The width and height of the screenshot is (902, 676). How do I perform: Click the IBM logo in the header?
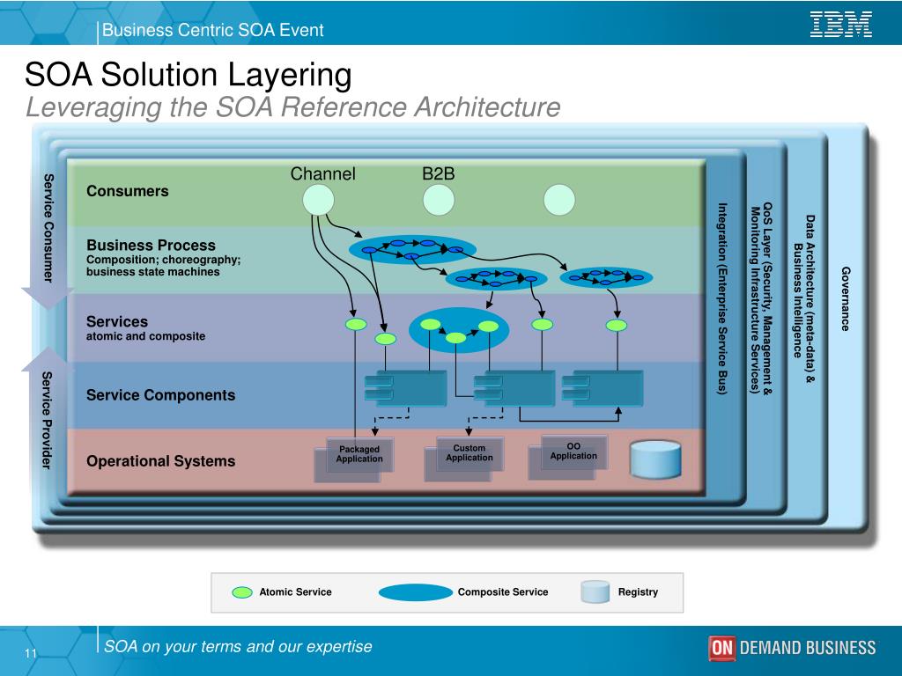coord(840,25)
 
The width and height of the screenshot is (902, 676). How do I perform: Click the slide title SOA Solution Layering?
coord(188,74)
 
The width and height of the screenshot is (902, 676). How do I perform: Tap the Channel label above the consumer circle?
coord(323,173)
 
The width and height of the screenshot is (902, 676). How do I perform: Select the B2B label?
coord(438,173)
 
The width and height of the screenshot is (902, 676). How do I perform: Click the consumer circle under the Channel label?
coord(319,200)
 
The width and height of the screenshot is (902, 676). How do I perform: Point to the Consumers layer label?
coord(127,191)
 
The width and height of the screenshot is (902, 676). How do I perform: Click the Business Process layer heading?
coord(151,245)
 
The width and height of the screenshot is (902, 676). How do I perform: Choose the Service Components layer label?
coord(160,395)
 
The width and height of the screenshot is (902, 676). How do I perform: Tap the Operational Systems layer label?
coord(160,461)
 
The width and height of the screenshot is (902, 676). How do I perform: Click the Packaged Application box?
coord(359,454)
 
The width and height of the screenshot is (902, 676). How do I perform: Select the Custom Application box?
coord(469,452)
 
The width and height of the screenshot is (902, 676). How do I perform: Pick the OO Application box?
coord(573,451)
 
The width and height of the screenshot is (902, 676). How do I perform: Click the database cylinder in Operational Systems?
coord(656,459)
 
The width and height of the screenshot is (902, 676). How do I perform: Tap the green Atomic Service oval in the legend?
coord(242,592)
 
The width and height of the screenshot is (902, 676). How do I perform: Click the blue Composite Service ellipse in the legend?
coord(416,592)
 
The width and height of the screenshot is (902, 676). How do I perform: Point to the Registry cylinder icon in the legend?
coord(595,592)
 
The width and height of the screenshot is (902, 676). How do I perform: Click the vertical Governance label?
coord(846,299)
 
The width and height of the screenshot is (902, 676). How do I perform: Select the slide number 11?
coord(30,653)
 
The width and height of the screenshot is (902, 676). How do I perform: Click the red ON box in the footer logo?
coord(721,649)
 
